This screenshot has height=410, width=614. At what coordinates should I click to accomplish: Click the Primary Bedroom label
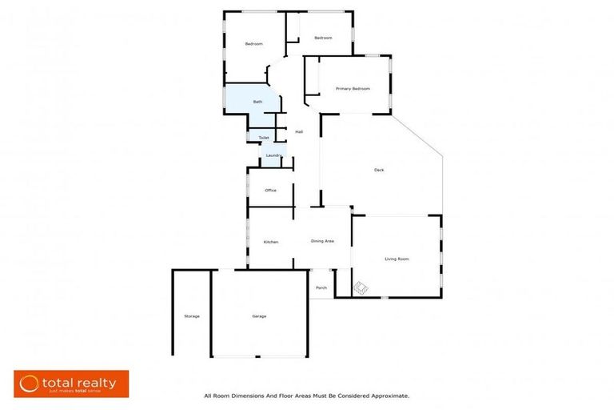(x=353, y=89)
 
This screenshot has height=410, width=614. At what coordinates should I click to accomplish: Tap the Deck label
(x=379, y=170)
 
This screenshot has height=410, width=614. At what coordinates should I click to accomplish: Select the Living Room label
(x=397, y=259)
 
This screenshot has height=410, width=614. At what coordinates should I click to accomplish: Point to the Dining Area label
(x=322, y=241)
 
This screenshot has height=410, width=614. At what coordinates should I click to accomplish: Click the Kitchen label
(x=271, y=242)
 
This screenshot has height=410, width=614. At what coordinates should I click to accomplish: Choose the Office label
(x=270, y=191)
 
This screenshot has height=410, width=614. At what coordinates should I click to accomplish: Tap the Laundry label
(x=273, y=155)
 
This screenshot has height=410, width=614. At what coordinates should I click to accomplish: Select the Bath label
(x=257, y=102)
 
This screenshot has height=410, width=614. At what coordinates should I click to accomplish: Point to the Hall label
(x=299, y=132)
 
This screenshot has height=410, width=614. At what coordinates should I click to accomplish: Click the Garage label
(x=259, y=316)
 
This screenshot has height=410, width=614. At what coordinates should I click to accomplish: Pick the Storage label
(x=192, y=316)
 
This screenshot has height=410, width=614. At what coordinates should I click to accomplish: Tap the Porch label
(x=321, y=287)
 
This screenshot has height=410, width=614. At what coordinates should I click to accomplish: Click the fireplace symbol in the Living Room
(x=361, y=287)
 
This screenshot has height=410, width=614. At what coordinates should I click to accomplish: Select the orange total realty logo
(x=71, y=384)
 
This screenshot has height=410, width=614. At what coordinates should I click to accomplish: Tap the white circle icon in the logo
(x=30, y=384)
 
